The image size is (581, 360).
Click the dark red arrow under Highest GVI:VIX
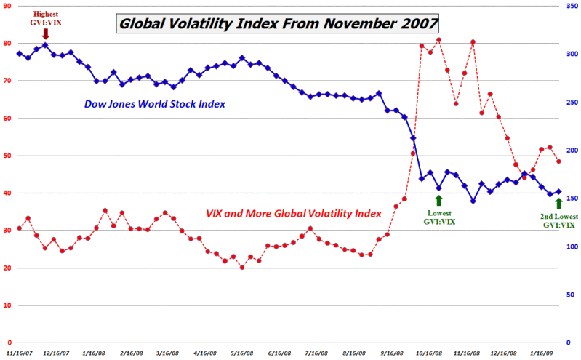click(x=46, y=33)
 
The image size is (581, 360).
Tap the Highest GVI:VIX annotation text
click(x=45, y=19)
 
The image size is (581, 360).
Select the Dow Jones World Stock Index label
click(x=153, y=104)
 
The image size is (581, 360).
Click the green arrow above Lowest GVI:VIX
click(x=438, y=200)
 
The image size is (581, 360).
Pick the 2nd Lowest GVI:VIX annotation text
click(x=558, y=220)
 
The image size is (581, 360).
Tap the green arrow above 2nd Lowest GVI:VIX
click(x=558, y=204)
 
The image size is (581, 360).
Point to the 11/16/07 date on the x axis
click(x=19, y=353)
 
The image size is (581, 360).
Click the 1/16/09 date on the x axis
click(x=540, y=353)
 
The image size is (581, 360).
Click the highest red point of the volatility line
click(x=438, y=40)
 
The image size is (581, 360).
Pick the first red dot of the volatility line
click(x=19, y=228)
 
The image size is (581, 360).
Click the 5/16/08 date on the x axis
click(x=241, y=353)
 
